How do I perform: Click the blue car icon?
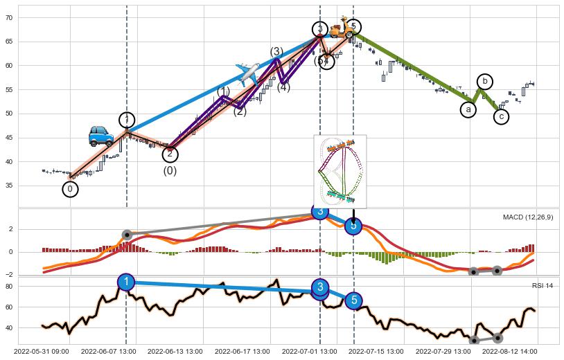(x=101, y=136)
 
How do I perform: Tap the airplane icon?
(x=247, y=71)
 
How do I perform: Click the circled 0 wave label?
(x=70, y=189)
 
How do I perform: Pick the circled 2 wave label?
(x=170, y=154)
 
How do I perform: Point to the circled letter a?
(x=468, y=109)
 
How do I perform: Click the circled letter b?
(x=485, y=82)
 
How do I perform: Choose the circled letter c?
(x=501, y=117)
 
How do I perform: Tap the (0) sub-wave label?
(x=170, y=171)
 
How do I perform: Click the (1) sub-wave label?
(x=223, y=91)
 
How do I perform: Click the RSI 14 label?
(x=543, y=285)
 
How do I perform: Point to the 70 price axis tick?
(x=28, y=18)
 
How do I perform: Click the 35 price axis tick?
(x=28, y=186)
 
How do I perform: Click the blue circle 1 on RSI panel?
(x=126, y=282)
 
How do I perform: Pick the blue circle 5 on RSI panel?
(x=353, y=300)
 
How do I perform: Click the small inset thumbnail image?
(x=340, y=171)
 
